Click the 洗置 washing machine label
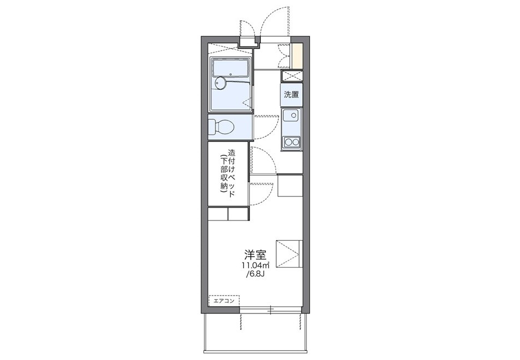[x=291, y=95]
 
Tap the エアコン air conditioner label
[x=224, y=301]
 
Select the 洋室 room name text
[x=255, y=255]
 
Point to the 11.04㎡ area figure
[x=255, y=265]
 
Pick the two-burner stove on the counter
[x=291, y=142]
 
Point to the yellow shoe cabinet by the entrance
[x=297, y=56]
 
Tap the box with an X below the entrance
[x=292, y=76]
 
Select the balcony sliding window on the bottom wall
[x=270, y=310]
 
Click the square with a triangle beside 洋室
[x=289, y=253]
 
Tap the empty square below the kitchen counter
[x=290, y=186]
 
